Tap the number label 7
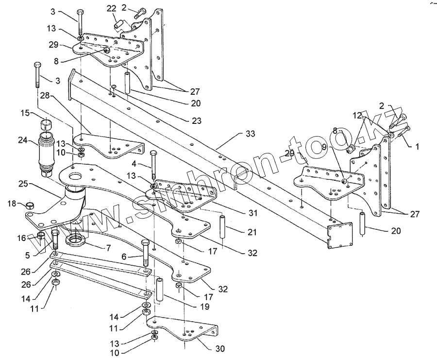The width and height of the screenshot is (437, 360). [x=108, y=248]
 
